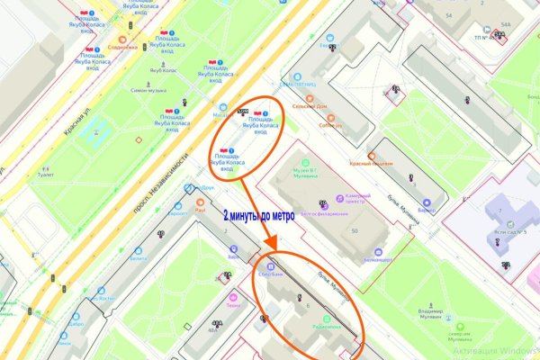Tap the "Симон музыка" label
(149, 91)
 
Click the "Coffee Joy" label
(331, 125)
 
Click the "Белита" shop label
(138, 258)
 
